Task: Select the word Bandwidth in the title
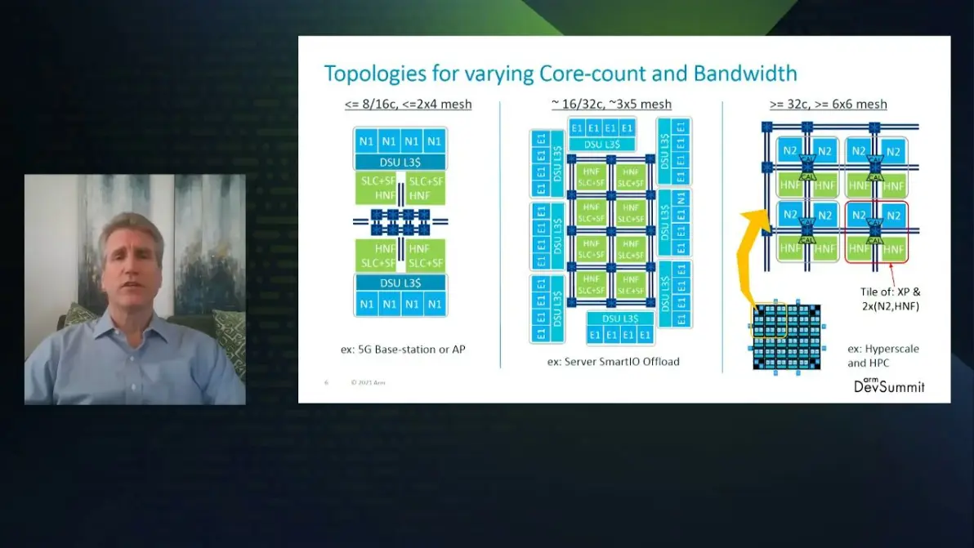click(745, 74)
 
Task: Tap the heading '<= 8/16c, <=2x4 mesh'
click(408, 105)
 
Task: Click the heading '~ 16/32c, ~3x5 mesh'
click(611, 105)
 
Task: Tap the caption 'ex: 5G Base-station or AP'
click(408, 349)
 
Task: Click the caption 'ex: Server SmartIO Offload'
click(613, 361)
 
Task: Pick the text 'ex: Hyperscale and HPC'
click(882, 355)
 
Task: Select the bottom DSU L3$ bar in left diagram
click(400, 283)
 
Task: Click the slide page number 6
click(326, 382)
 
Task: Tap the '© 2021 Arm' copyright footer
click(368, 382)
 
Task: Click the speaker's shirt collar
click(131, 323)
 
